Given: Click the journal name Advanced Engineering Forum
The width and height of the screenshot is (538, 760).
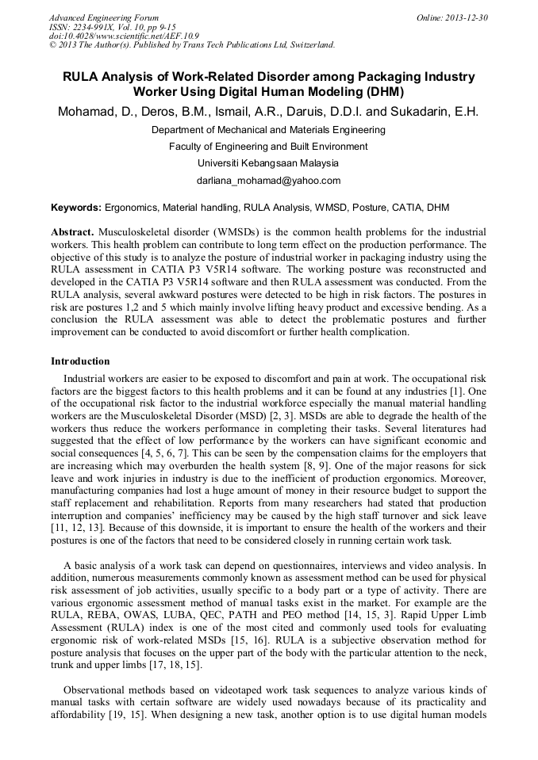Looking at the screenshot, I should click(103, 17).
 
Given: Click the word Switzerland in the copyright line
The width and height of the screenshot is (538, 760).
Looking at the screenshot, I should click(306, 45).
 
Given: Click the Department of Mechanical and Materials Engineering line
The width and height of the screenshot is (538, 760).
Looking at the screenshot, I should click(268, 129).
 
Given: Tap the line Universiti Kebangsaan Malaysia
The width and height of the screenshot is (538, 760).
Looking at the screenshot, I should click(268, 163).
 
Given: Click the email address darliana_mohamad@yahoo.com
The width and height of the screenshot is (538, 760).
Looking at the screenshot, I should click(268, 181).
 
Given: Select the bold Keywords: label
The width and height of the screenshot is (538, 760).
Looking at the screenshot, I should click(76, 208).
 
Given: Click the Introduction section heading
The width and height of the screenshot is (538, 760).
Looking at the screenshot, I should click(80, 361).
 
